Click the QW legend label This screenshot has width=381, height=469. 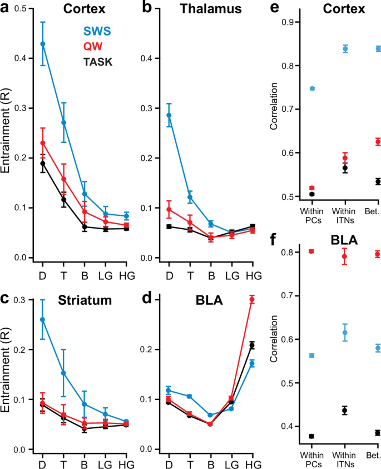pyautogui.click(x=93, y=47)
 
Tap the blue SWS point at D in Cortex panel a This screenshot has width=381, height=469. pyautogui.click(x=43, y=44)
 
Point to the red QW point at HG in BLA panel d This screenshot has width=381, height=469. pyautogui.click(x=252, y=300)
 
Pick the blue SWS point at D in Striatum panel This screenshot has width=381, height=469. pyautogui.click(x=43, y=319)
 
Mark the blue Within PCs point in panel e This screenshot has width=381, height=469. pyautogui.click(x=312, y=88)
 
